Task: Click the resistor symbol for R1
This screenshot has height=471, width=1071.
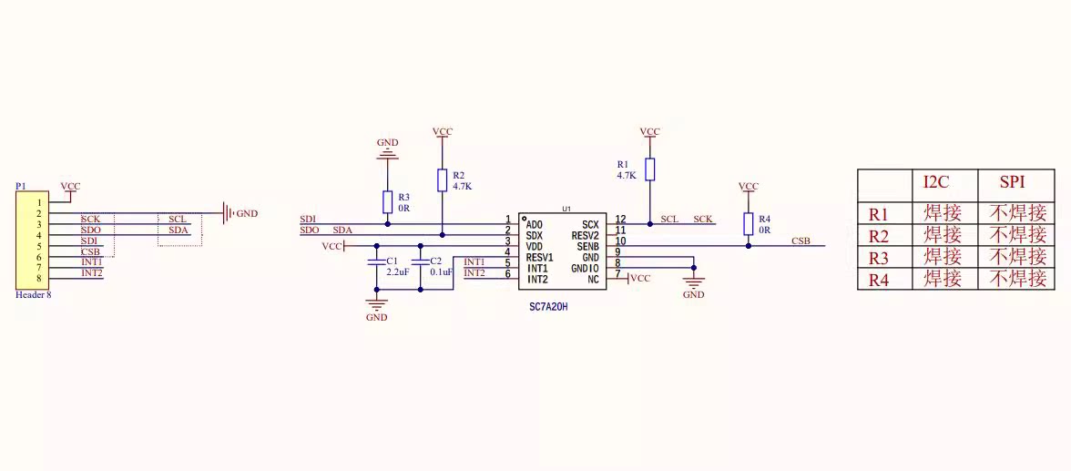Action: [x=649, y=169]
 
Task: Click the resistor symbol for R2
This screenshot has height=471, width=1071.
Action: [x=443, y=179]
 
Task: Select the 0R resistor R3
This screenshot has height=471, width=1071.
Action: [x=388, y=201]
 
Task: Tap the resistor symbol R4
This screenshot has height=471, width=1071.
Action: [x=748, y=223]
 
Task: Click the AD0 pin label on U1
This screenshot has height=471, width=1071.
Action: [x=535, y=224]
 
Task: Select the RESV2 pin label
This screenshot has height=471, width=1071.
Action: [x=585, y=235]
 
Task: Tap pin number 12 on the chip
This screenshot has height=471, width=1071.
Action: [x=620, y=220]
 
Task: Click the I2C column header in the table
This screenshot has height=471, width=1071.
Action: [x=936, y=182]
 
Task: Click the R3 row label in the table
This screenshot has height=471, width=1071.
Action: [x=878, y=257]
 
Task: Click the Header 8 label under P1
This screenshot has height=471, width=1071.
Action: [x=34, y=295]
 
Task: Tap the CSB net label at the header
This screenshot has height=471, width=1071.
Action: [x=90, y=251]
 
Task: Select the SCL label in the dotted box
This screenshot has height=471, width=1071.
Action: [x=178, y=220]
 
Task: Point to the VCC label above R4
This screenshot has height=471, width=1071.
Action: [x=748, y=187]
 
